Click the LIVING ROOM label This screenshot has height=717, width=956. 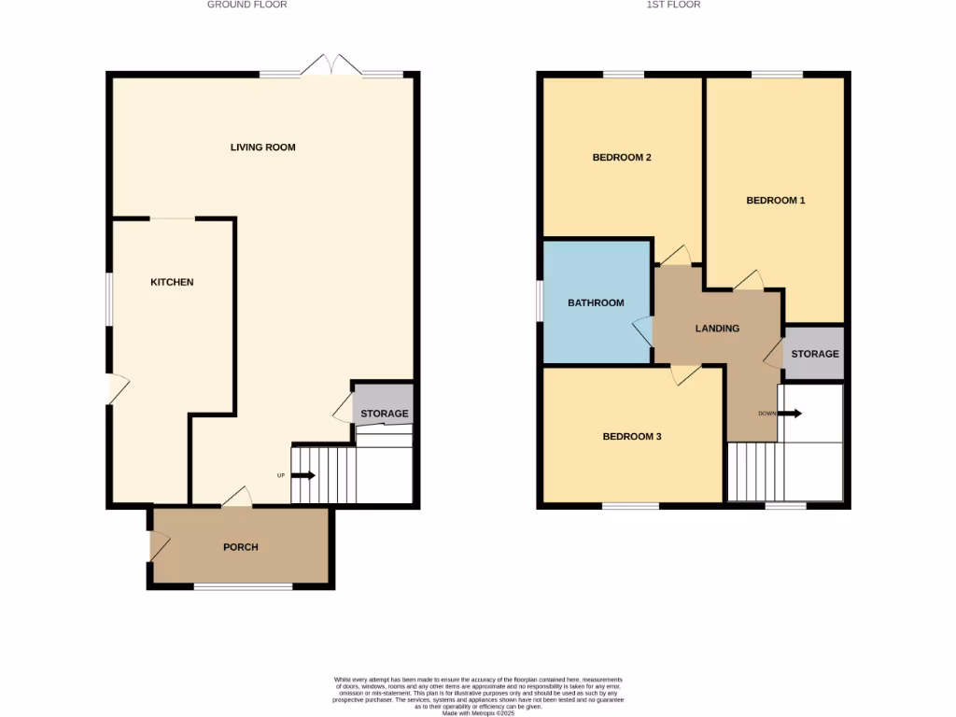262,148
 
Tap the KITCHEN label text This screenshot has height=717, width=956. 172,282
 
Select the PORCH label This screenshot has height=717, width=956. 240,547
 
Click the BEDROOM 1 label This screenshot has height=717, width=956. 775,201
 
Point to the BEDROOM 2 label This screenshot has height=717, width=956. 622,158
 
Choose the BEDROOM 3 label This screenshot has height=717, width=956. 631,436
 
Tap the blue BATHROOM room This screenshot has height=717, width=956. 596,302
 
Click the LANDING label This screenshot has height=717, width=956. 717,329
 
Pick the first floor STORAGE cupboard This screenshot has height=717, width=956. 814,355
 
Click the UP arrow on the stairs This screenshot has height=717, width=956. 303,475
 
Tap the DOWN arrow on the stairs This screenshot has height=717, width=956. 789,413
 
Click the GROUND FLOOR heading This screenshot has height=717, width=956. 246,5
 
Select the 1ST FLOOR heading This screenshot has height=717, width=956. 673,5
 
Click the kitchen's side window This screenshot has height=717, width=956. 109,299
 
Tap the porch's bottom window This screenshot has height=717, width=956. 243,587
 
